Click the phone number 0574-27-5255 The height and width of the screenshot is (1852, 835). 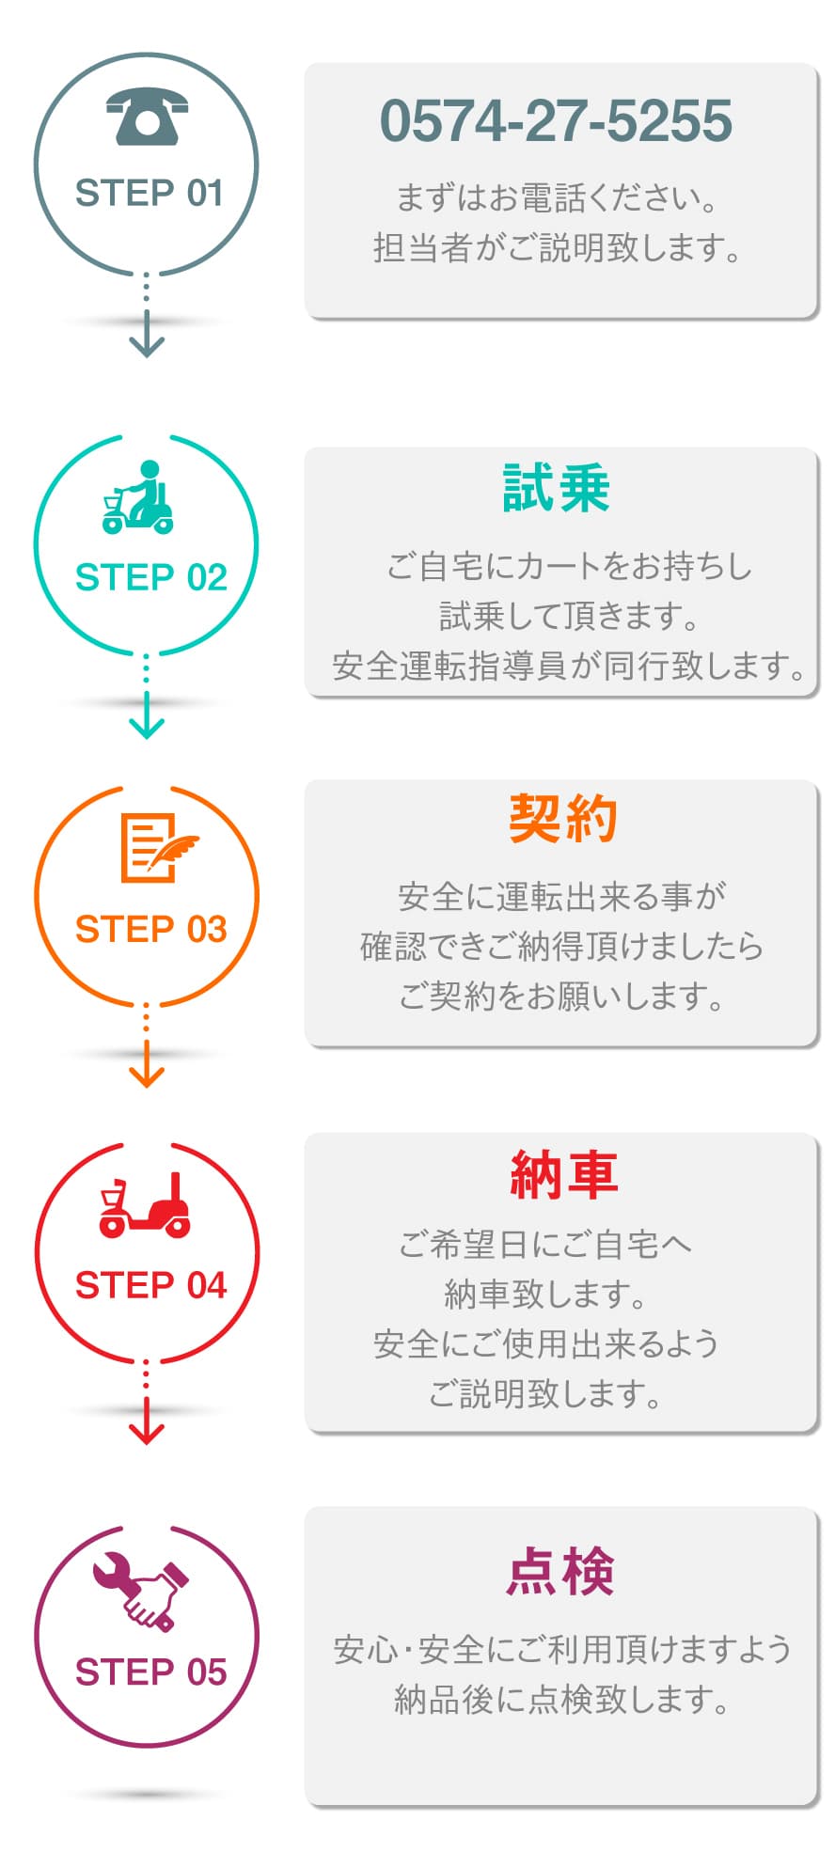[x=556, y=121]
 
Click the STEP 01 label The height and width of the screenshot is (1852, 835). [x=149, y=194]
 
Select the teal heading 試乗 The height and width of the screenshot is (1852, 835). [x=557, y=489]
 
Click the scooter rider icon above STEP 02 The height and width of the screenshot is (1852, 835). [x=139, y=498]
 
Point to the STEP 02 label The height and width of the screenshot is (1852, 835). [x=150, y=577]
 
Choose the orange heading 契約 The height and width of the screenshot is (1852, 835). [x=561, y=819]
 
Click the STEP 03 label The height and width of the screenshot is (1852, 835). [x=150, y=929]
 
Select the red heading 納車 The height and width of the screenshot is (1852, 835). [x=563, y=1174]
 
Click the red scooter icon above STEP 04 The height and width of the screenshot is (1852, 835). [x=146, y=1205]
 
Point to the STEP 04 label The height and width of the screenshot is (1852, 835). [x=150, y=1284]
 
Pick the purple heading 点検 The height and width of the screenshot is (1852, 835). [x=560, y=1571]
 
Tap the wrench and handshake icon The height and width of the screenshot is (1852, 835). [x=141, y=1590]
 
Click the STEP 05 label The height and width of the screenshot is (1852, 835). [x=150, y=1672]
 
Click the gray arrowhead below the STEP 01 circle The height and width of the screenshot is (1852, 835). [x=147, y=345]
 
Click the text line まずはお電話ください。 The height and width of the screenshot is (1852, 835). [x=556, y=198]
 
